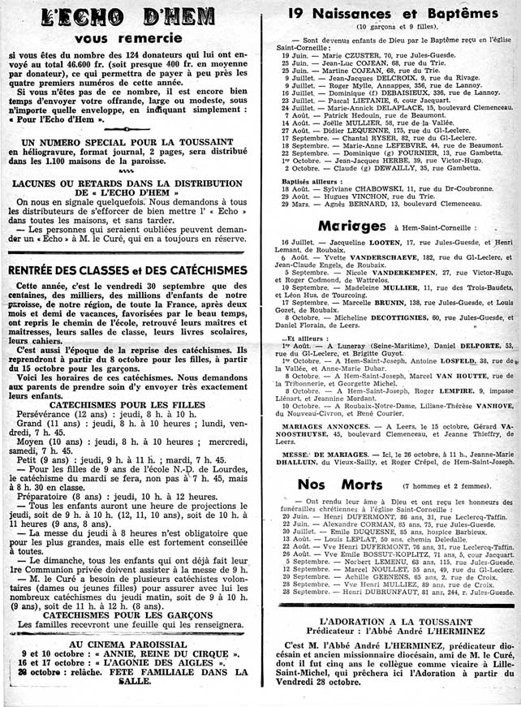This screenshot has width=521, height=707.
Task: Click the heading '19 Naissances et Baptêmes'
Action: coord(389,13)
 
